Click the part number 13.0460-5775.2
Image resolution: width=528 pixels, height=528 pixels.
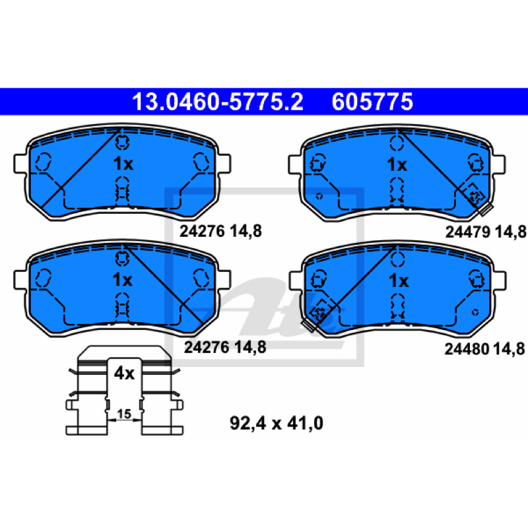[x=218, y=102]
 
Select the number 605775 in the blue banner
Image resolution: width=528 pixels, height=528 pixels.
[x=372, y=102]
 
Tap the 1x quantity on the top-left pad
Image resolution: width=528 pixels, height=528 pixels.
[x=123, y=164]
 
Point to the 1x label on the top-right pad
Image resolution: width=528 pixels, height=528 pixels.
[x=397, y=164]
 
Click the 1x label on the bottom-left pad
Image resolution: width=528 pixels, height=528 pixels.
[x=123, y=279]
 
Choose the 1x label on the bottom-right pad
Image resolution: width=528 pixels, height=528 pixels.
[x=399, y=280]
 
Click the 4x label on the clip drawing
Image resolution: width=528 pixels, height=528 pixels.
[x=124, y=373]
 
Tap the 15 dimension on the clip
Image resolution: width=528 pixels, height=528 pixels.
[x=124, y=414]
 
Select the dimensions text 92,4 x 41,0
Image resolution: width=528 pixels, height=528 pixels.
[x=277, y=423]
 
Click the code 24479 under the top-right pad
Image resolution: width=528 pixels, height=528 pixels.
[x=467, y=232]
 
